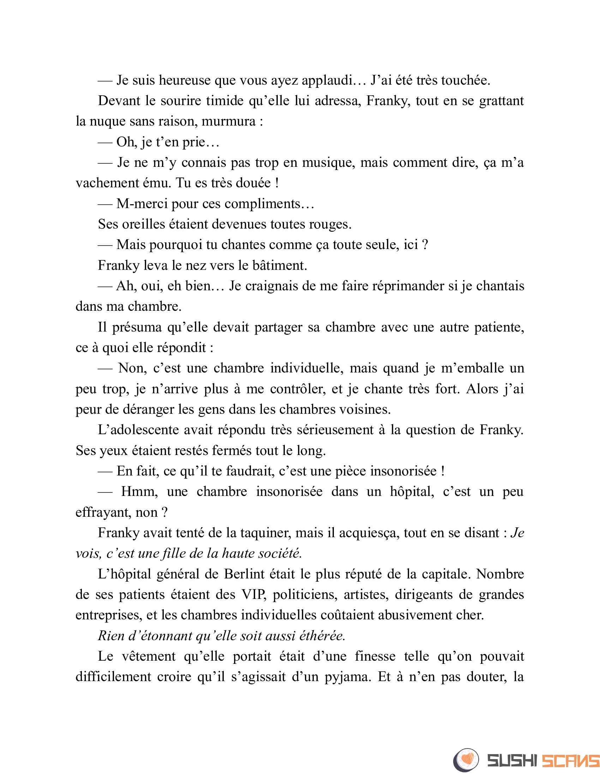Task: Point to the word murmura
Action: click(x=229, y=122)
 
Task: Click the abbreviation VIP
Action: click(x=253, y=595)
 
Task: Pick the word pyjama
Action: click(x=348, y=677)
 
